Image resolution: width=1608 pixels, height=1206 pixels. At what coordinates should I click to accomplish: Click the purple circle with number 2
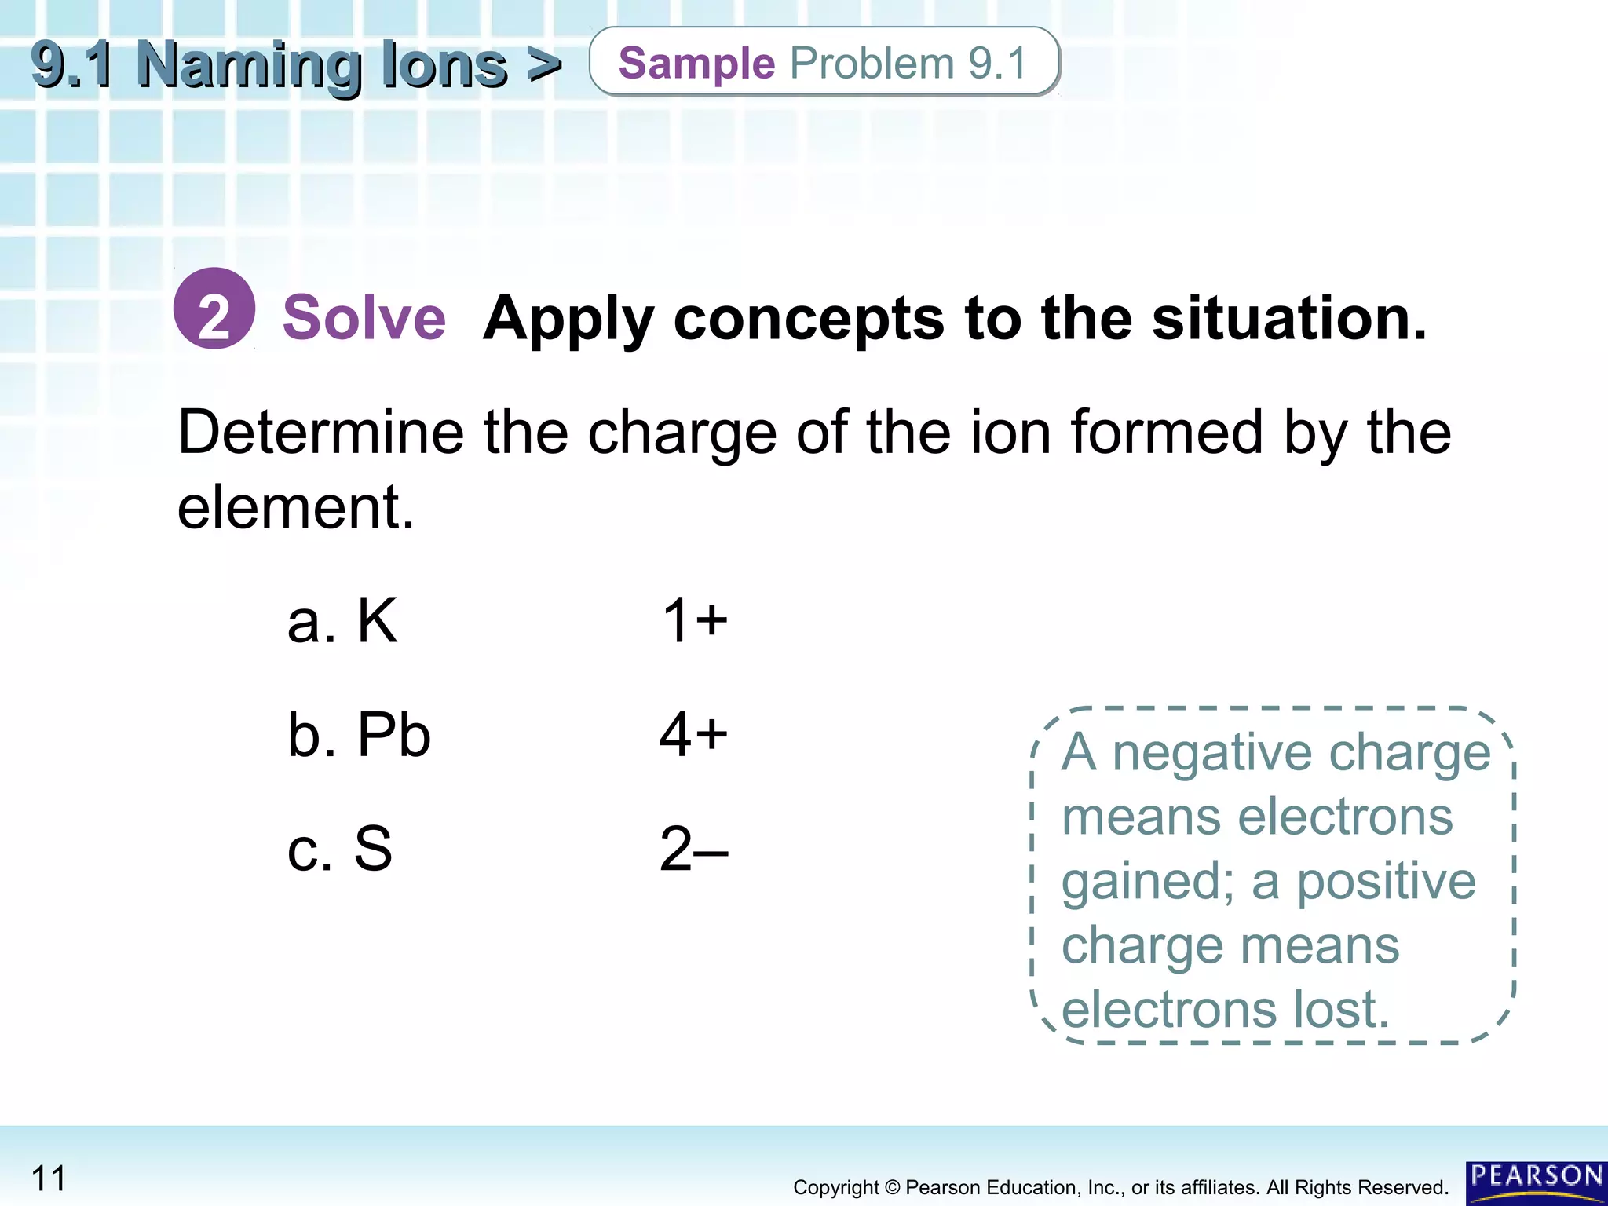tap(214, 309)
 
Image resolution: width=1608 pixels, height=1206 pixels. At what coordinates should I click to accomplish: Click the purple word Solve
tap(364, 318)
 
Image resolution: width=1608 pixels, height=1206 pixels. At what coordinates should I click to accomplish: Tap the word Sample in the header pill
tap(696, 64)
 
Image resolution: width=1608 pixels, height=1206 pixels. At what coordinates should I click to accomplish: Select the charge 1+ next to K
tap(695, 620)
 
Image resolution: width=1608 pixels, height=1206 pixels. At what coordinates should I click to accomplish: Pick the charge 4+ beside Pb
tap(693, 735)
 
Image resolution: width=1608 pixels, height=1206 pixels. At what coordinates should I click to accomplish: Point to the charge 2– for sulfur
tap(693, 849)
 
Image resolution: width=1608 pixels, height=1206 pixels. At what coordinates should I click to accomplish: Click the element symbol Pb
tap(394, 735)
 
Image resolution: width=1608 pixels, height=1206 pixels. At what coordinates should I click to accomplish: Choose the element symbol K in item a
tap(377, 620)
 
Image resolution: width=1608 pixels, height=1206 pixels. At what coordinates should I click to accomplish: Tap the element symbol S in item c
tap(373, 849)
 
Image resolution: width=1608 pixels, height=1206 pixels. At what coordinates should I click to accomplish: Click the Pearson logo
tap(1536, 1181)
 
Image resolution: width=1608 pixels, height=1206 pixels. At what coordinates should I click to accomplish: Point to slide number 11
tap(49, 1179)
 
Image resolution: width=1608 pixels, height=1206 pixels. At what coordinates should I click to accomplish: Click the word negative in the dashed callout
tap(1213, 752)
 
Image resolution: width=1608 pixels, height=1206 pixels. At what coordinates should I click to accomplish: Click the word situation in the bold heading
tap(1288, 318)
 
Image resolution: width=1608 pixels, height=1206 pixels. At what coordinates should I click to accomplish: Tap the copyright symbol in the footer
tap(892, 1188)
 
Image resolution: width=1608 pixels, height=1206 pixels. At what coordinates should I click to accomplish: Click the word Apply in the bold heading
tap(568, 320)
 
